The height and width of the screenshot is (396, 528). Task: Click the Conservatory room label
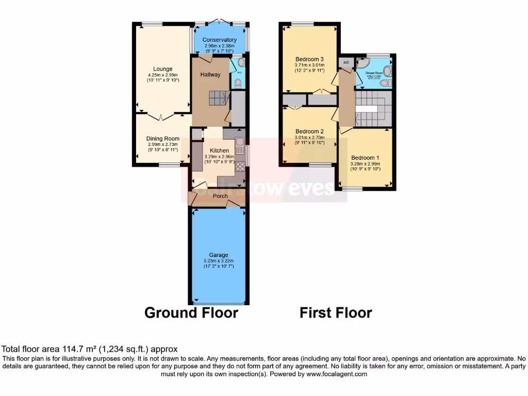click(x=219, y=40)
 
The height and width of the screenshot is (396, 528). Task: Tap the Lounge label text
click(x=162, y=69)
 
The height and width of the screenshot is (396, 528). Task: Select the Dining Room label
click(x=162, y=139)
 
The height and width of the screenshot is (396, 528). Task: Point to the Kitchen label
click(x=219, y=151)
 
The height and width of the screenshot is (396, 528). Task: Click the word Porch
click(x=220, y=196)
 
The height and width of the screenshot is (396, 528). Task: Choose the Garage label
click(x=219, y=255)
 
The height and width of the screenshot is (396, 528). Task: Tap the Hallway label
click(x=210, y=75)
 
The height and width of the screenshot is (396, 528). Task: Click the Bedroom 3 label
click(x=309, y=58)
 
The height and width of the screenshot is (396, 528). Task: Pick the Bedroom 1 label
click(x=365, y=158)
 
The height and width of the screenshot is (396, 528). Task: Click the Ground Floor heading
click(x=191, y=312)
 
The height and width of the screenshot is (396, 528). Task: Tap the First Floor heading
click(x=336, y=312)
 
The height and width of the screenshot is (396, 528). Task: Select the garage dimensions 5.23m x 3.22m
click(x=219, y=261)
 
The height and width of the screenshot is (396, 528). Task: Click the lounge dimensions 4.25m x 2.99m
click(x=162, y=75)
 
